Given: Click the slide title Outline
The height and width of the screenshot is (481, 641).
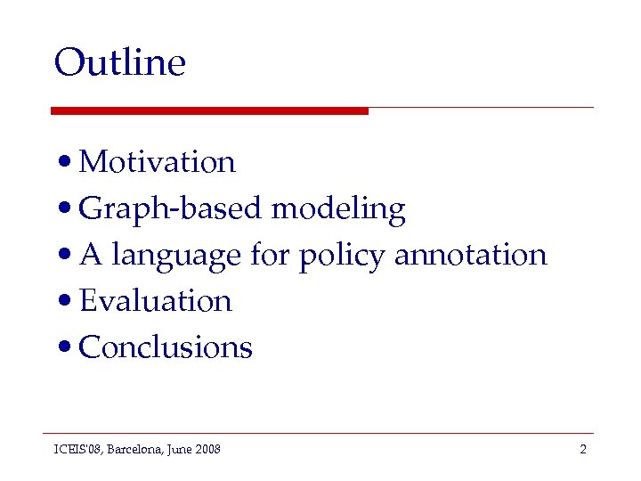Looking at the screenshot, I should tap(119, 62).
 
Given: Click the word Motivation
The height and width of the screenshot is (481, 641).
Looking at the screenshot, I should tap(157, 162).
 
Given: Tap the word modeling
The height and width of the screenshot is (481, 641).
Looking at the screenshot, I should tap(338, 209).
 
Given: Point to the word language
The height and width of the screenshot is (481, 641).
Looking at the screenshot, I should tap(176, 257).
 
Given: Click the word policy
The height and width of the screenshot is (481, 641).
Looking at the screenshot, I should tap(342, 257).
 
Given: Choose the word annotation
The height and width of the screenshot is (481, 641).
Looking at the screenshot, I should tap(470, 255).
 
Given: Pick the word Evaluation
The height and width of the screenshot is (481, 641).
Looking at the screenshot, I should tap(156, 301).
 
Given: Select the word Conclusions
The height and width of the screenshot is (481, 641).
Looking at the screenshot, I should tap(166, 347).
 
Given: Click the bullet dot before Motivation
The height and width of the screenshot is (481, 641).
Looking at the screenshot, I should tap(64, 164).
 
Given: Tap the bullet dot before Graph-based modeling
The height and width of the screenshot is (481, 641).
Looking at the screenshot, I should tap(64, 210).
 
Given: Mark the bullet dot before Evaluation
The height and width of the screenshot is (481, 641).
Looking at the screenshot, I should tap(64, 303).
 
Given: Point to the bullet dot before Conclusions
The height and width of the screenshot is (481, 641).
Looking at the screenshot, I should tap(64, 349).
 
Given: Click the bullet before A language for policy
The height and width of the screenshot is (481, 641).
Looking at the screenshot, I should tap(64, 257).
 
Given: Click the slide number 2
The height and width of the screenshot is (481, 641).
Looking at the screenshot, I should tap(583, 450).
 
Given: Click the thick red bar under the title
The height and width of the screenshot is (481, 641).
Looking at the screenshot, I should tap(209, 110).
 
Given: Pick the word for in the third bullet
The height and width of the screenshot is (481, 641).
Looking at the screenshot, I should tap(270, 256).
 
